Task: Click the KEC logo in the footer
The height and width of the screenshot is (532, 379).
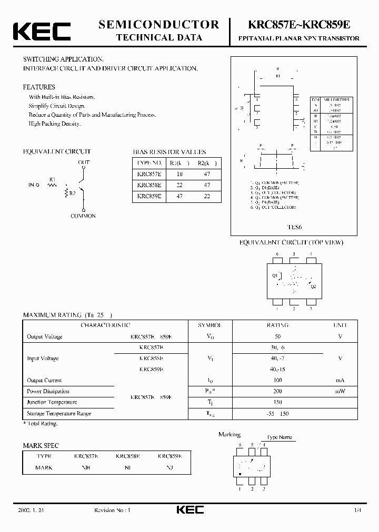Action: coord(189,509)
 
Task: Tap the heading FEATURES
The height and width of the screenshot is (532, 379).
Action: coord(39,87)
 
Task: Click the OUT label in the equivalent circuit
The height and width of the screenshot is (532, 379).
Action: coord(84,162)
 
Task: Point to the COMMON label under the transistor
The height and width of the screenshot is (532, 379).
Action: coord(84,216)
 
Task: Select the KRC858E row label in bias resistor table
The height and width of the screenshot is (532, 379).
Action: coord(148,185)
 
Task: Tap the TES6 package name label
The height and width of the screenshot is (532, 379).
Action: coord(294,228)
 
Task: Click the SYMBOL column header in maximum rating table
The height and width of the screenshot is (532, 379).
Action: coord(210,325)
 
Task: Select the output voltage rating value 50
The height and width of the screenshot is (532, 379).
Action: coord(277,336)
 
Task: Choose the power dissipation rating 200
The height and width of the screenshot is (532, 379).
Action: coord(277,391)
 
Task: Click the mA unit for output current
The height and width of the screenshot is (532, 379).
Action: coord(340,380)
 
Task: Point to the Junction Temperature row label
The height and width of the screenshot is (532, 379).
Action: coord(52,402)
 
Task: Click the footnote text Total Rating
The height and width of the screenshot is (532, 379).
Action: coord(42,423)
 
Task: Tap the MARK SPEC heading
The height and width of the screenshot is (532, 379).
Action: coord(41,445)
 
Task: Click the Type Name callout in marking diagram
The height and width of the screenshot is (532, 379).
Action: coord(279,437)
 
